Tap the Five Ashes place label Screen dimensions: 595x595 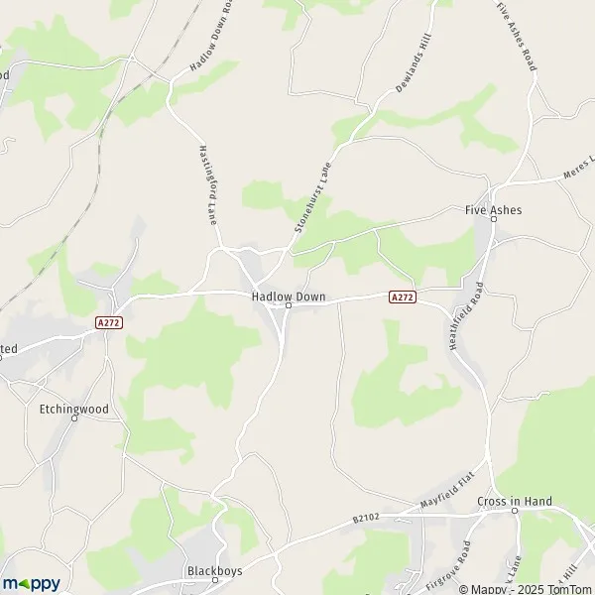point(493,210)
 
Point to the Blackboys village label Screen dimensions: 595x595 point(215,571)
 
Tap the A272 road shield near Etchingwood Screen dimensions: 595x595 point(109,322)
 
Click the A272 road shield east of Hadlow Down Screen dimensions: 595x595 point(402,297)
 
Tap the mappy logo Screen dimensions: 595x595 point(30,583)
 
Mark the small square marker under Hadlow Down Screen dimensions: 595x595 point(288,305)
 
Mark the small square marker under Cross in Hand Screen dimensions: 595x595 point(515,512)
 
